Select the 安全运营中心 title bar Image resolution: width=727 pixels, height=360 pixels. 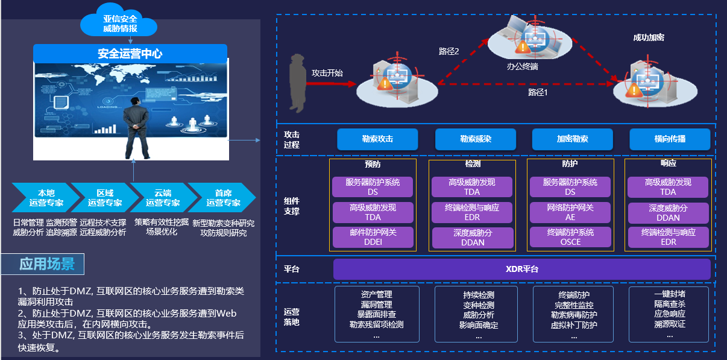[x=130, y=54]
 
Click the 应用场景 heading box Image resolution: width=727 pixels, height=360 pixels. [x=46, y=264]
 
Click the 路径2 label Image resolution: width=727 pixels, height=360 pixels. [x=448, y=52]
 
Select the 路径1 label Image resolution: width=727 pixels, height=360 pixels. [x=537, y=92]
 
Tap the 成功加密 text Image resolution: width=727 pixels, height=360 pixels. [x=648, y=37]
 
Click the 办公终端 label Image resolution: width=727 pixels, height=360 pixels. [x=522, y=66]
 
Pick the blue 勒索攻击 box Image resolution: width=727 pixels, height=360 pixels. [x=377, y=139]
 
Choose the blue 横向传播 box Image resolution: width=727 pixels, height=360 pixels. [x=669, y=139]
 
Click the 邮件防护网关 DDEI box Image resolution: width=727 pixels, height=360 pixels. [x=373, y=238]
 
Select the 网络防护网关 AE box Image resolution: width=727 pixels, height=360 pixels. [x=570, y=212]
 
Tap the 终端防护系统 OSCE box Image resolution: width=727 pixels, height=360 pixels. [x=570, y=237]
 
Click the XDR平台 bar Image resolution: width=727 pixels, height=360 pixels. [x=522, y=269]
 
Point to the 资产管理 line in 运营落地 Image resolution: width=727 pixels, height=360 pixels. [x=376, y=294]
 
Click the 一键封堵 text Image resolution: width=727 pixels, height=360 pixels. [x=669, y=294]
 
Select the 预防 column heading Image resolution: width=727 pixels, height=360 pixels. [x=373, y=164]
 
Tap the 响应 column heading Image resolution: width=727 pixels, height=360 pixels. [x=668, y=164]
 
